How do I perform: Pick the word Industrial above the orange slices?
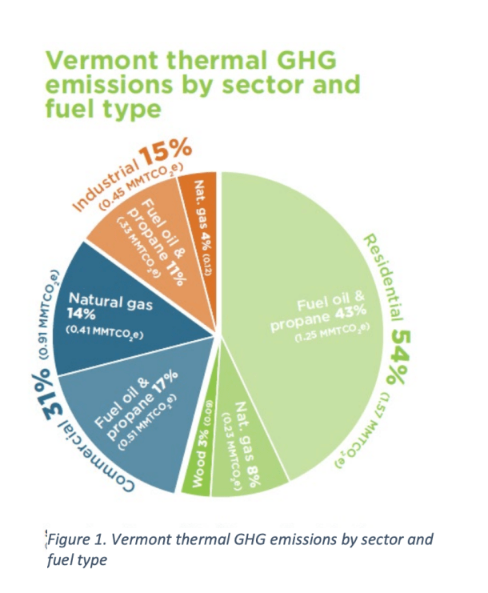(x=103, y=184)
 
